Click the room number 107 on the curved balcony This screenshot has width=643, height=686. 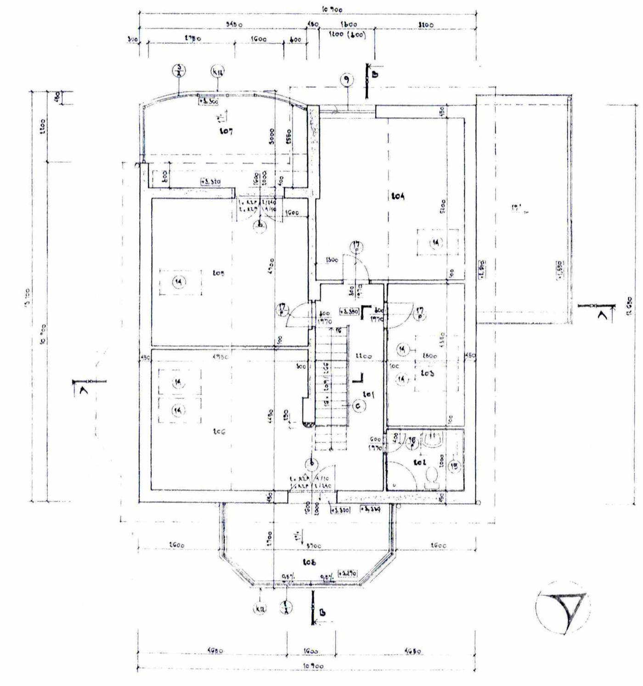click(226, 131)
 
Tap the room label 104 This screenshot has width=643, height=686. click(398, 196)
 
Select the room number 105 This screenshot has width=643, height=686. click(219, 273)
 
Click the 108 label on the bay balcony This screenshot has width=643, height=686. click(310, 562)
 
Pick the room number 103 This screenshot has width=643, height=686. click(427, 373)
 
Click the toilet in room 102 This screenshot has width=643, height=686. click(431, 478)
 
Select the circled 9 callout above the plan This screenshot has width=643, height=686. click(347, 80)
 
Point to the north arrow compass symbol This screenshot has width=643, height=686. click(563, 607)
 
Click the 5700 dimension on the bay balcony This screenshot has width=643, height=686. click(314, 545)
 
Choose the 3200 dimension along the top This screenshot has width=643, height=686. click(426, 24)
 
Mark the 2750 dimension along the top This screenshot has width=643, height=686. click(192, 39)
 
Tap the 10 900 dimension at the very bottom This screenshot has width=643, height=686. click(313, 666)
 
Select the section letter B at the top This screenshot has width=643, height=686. click(375, 74)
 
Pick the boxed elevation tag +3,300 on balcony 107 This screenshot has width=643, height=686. click(209, 101)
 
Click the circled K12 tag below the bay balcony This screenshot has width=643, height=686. click(260, 609)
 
